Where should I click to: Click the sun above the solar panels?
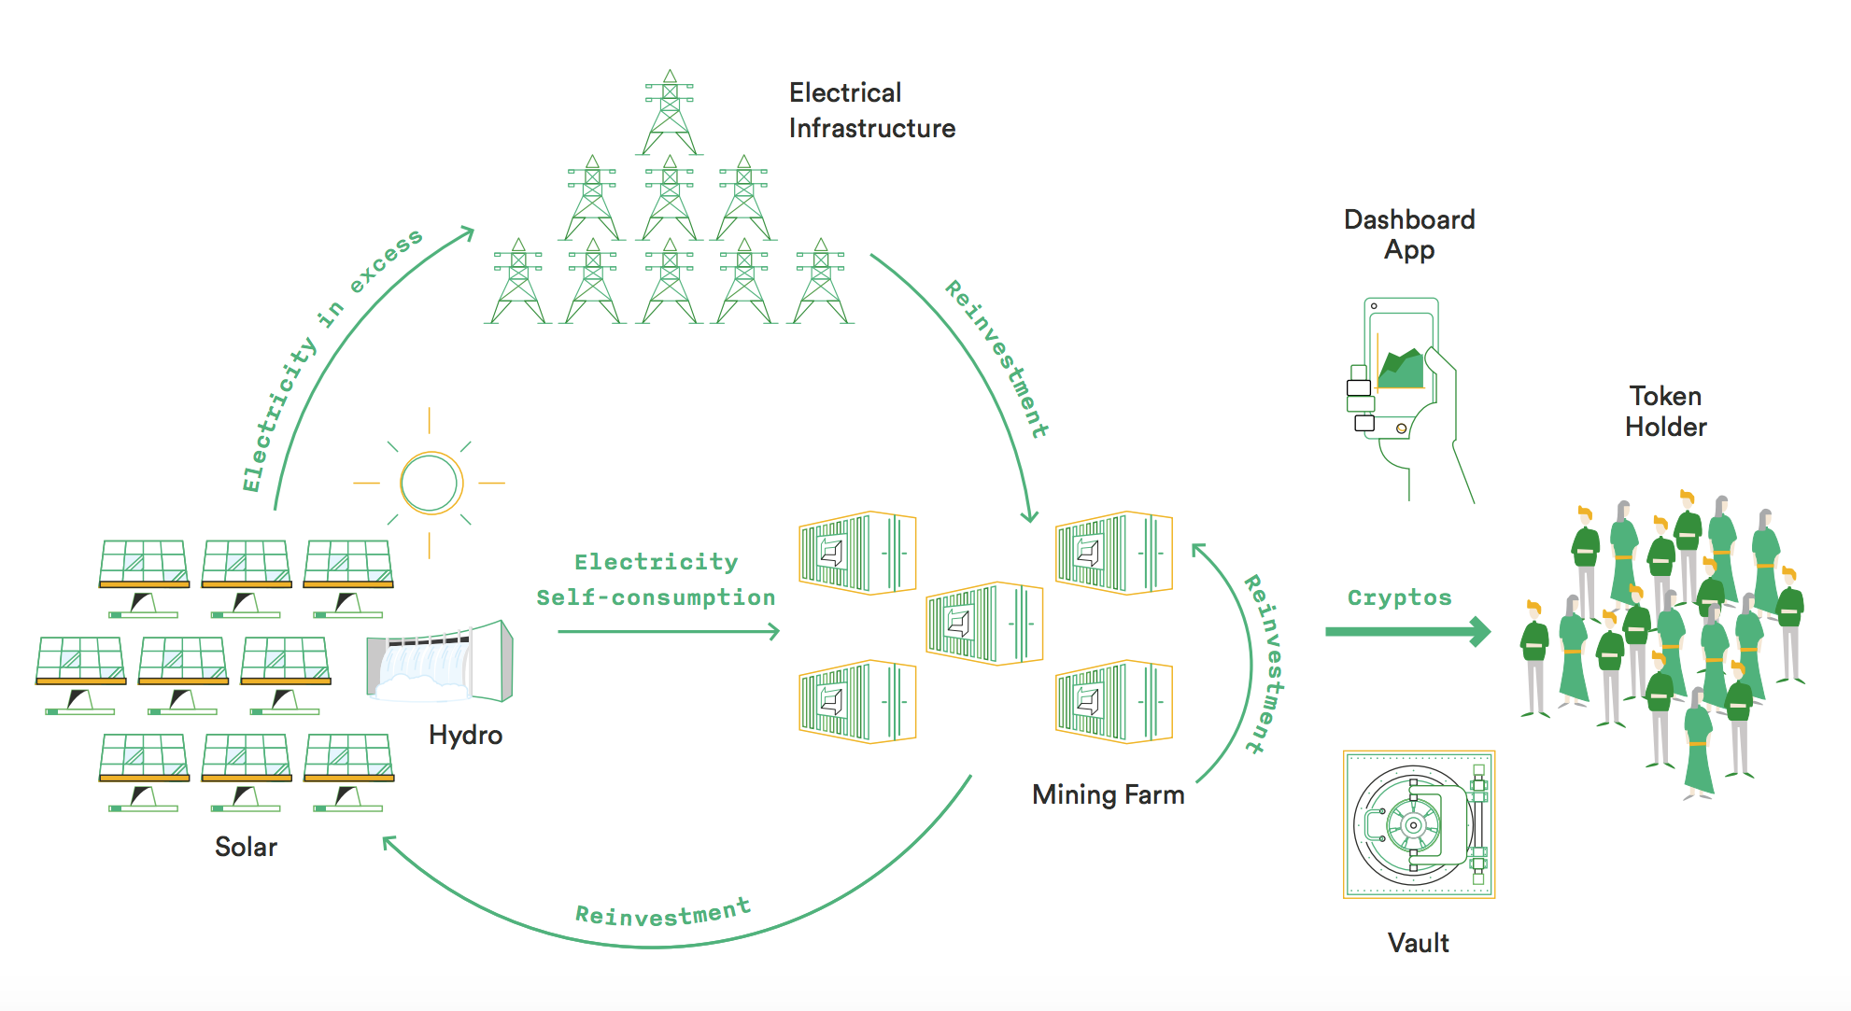[x=430, y=483]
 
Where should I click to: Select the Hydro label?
[x=465, y=735]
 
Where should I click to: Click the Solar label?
[x=246, y=847]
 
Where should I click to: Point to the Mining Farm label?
[x=1108, y=794]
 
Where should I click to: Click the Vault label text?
[x=1418, y=943]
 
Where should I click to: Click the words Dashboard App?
[x=1409, y=234]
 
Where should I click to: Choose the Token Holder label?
[x=1665, y=411]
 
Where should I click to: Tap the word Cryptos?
[x=1399, y=597]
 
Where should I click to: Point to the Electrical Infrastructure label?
[x=871, y=110]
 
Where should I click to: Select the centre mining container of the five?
[x=983, y=623]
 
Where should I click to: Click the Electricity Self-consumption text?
[x=656, y=580]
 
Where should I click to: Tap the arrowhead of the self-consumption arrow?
[x=773, y=632]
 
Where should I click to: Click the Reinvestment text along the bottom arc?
[x=662, y=913]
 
